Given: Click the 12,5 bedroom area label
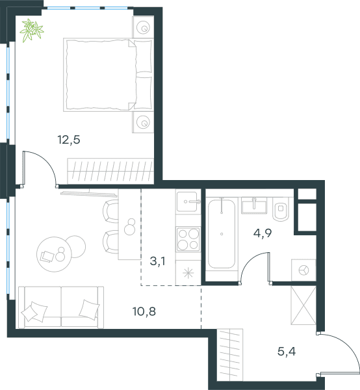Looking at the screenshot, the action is (69, 140).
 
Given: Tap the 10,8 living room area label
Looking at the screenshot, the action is (144, 311).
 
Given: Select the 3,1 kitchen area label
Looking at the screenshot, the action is (158, 261).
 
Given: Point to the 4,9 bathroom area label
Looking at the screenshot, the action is (263, 233).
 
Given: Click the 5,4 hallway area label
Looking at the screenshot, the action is (287, 352).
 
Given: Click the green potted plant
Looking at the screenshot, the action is (32, 30).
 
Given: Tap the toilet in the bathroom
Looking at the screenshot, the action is (281, 209).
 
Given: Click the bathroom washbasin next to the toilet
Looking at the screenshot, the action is (254, 205).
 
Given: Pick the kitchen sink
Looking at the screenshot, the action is (188, 201).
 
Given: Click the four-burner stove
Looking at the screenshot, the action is (188, 239).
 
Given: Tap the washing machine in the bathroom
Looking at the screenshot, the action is (303, 270).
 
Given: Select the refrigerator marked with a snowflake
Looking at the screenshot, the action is (188, 273).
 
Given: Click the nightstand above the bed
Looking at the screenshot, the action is (143, 27).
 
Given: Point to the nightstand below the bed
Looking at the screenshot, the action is (143, 122).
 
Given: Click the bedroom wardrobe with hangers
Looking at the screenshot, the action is (110, 172).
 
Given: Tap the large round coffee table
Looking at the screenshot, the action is (54, 254).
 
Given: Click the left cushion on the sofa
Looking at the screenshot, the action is (34, 311).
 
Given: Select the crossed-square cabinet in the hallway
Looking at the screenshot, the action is (303, 305).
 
